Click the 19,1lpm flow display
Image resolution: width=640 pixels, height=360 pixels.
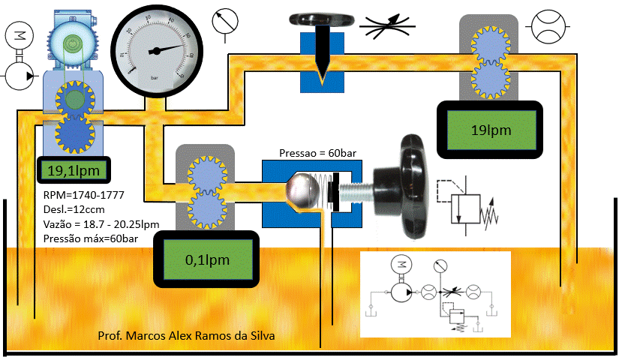74,171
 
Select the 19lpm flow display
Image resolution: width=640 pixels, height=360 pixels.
489,130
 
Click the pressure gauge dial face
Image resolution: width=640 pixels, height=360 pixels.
156,49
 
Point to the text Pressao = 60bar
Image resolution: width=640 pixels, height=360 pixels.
317,153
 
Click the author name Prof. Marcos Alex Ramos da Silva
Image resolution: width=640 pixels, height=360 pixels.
186,335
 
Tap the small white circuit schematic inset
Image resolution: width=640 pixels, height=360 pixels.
435,292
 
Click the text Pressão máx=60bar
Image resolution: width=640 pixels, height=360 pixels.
92,238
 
